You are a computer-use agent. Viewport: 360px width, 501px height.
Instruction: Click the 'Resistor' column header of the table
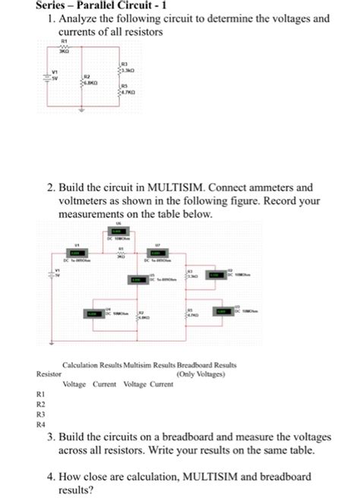(x=49, y=374)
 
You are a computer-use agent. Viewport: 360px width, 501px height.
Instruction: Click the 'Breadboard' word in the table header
(x=197, y=364)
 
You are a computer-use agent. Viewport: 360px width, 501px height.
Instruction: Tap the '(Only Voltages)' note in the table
(x=200, y=374)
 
